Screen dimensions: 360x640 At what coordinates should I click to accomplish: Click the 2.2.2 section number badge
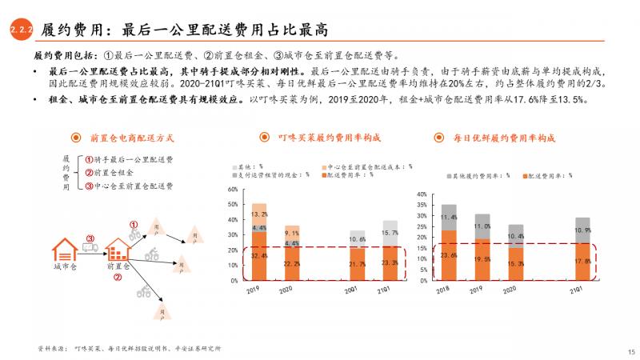coord(19,30)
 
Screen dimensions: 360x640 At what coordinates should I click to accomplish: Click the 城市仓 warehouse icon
coord(66,249)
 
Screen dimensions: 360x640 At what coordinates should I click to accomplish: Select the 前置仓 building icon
coord(118,249)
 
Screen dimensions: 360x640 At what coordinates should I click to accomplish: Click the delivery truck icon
coord(90,248)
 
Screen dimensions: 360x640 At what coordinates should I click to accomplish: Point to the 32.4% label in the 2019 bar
coord(259,256)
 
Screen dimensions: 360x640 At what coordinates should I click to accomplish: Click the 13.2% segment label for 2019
coord(259,214)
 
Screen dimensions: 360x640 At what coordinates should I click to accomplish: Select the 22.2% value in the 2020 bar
coord(292,264)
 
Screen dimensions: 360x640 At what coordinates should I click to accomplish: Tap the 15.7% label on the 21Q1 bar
coord(390,233)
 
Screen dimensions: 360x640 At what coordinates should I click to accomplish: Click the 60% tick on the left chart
coord(233,190)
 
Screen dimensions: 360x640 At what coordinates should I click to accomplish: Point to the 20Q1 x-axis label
coord(357,289)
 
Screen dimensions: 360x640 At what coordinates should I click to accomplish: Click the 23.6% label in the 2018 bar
coord(449,255)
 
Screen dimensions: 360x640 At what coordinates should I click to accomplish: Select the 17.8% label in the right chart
coord(582,260)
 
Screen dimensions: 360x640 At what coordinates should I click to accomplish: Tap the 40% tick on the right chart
coord(421,194)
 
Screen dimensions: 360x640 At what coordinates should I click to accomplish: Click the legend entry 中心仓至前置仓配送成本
coord(365,166)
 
